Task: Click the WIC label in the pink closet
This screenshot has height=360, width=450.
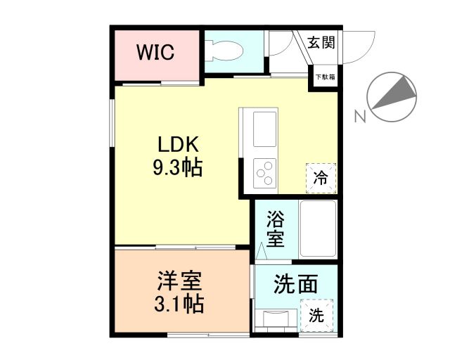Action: click(x=156, y=53)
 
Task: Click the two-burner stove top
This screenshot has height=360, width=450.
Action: click(x=265, y=172)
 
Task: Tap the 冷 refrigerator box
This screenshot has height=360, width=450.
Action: click(x=320, y=178)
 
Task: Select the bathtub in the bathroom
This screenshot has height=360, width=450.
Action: click(x=318, y=229)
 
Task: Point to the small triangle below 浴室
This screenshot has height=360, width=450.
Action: click(x=262, y=250)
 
